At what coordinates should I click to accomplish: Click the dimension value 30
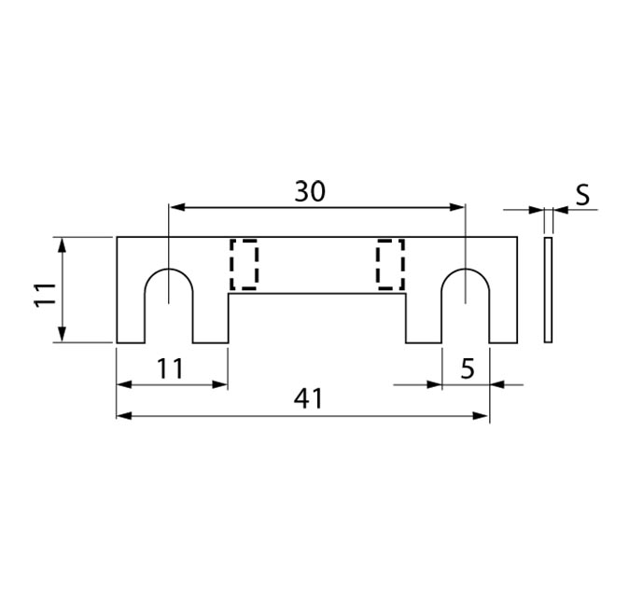click(x=310, y=191)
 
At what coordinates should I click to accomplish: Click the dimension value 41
click(x=307, y=398)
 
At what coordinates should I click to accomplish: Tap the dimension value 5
click(x=468, y=368)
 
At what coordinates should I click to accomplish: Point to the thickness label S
click(x=581, y=195)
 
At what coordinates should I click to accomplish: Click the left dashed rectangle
click(x=244, y=264)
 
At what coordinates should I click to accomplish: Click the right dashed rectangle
click(x=390, y=264)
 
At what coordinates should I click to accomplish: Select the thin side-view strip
click(x=548, y=290)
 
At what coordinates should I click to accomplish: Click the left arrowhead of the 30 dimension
click(x=175, y=207)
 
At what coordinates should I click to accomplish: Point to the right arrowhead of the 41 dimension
click(x=482, y=415)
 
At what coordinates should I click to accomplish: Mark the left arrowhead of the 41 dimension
click(x=123, y=415)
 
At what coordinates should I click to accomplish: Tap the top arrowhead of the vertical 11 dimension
click(x=62, y=243)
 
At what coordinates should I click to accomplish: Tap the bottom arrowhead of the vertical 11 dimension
click(x=62, y=336)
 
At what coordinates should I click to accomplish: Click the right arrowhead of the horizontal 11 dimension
click(x=221, y=383)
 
